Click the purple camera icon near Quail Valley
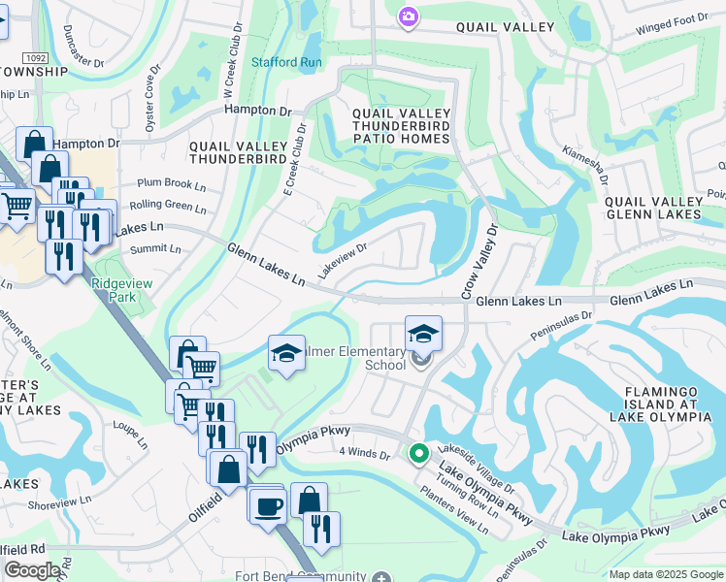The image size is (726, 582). tap(408, 16)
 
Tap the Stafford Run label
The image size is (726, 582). tap(286, 62)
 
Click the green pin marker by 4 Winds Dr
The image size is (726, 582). tap(419, 453)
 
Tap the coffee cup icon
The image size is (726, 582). tap(267, 505)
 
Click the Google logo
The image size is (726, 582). tap(32, 570)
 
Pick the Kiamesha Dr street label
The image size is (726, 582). tap(584, 165)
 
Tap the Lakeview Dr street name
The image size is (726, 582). tap(341, 259)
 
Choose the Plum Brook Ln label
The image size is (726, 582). tap(172, 183)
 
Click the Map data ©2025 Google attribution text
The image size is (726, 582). tap(665, 574)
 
